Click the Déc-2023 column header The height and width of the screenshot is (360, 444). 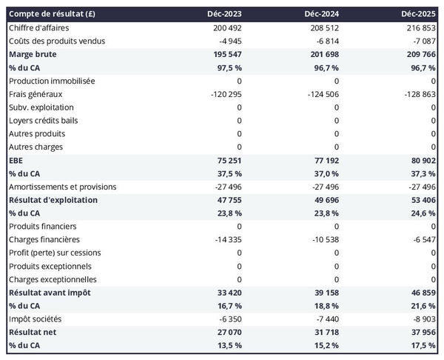[226, 14]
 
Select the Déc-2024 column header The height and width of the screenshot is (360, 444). [323, 14]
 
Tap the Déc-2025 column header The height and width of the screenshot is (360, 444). [420, 14]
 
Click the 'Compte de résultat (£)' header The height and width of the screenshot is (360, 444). [53, 14]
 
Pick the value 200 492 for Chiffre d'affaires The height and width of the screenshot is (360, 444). [225, 27]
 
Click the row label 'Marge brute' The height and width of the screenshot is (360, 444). [33, 54]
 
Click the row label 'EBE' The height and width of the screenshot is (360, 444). [16, 160]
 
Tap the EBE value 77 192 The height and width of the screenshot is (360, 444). [324, 160]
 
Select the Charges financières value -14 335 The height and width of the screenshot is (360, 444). [225, 240]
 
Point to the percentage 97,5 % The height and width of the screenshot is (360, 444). [227, 67]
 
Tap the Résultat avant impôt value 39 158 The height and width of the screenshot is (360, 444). [324, 293]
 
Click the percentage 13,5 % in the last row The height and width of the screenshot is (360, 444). [227, 347]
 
